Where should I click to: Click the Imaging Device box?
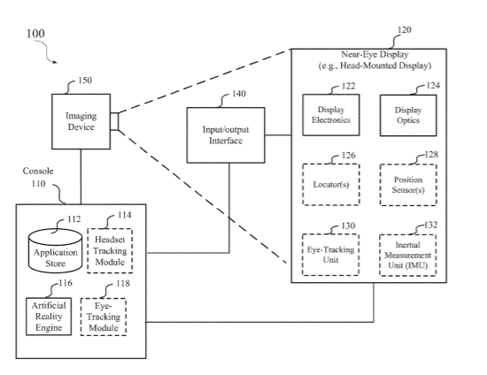81,121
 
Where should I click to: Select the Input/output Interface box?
226,135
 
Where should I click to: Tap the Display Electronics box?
331,115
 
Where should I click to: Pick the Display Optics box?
408,115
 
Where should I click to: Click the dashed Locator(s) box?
331,185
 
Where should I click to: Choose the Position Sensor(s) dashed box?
408,185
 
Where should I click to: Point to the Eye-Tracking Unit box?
331,255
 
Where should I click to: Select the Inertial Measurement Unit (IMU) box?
408,255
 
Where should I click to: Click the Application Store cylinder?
55,250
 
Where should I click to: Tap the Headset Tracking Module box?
110,250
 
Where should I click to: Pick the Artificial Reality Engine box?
49,317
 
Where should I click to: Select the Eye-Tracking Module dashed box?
104,317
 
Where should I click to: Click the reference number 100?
35,34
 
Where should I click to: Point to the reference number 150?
85,80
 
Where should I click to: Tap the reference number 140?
239,94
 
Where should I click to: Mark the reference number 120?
405,30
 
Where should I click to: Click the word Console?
38,171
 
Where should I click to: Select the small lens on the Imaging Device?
114,121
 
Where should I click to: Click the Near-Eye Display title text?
375,60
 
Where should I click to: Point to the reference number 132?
431,225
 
